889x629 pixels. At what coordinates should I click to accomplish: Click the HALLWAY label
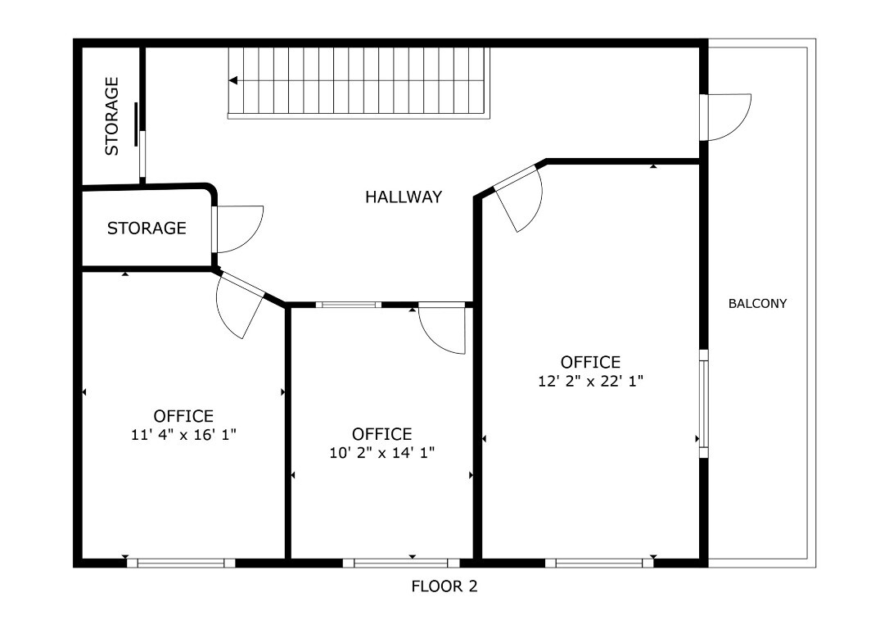tap(404, 197)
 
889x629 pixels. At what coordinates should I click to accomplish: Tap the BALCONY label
tap(757, 303)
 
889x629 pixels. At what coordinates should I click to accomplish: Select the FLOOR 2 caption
tap(444, 586)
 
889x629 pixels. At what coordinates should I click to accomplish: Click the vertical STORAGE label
tap(112, 116)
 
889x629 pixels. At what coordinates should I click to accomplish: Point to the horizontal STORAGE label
tap(147, 229)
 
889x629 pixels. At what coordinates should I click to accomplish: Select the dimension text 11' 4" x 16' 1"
tap(183, 435)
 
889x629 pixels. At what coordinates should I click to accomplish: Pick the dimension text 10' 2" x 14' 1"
tap(381, 452)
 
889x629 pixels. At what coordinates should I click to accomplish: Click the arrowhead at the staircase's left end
tap(233, 80)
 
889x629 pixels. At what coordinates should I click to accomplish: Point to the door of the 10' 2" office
tap(443, 328)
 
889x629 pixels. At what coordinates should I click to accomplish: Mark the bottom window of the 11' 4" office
tap(181, 563)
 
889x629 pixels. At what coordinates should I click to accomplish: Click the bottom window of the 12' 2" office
tap(599, 563)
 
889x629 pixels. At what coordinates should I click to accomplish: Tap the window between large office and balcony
tap(703, 403)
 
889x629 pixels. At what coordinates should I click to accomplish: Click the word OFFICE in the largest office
tap(590, 362)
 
